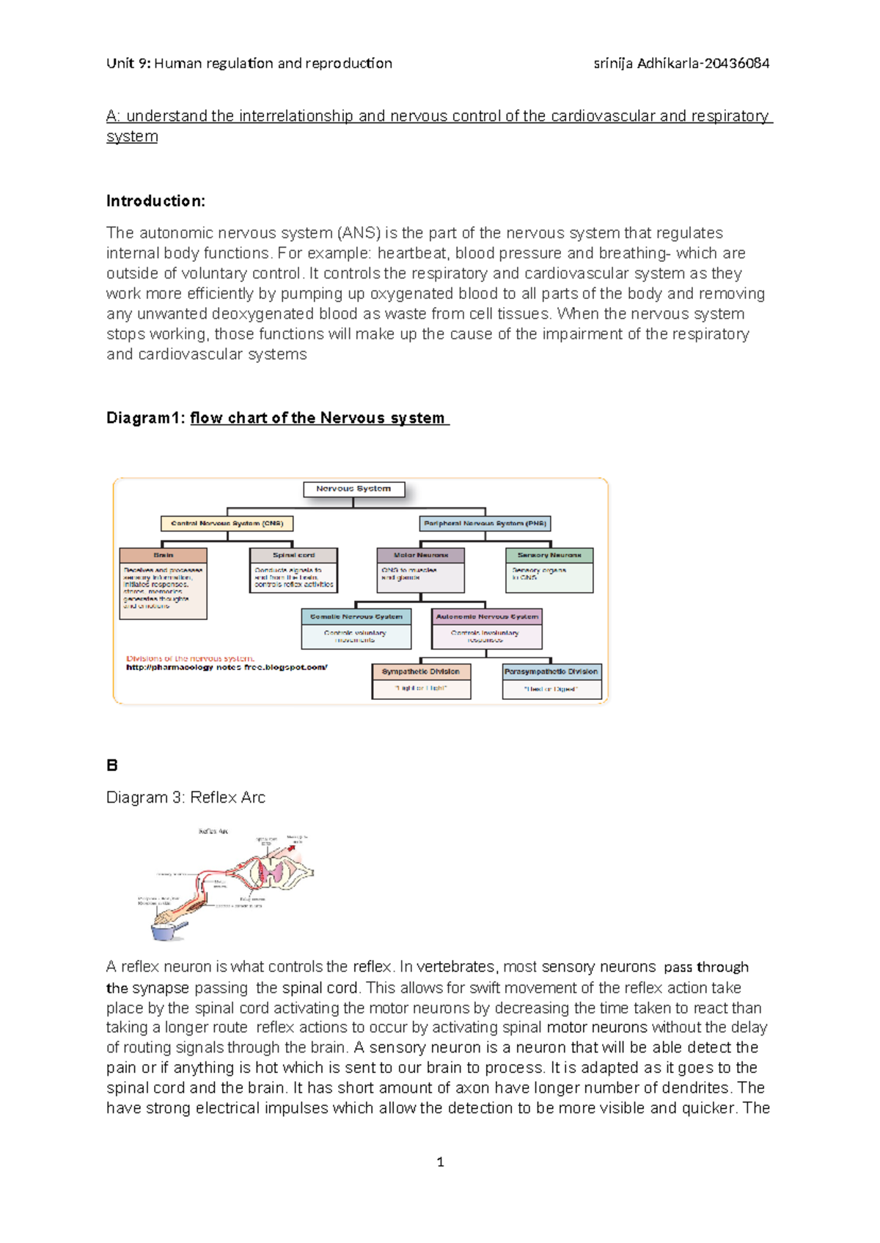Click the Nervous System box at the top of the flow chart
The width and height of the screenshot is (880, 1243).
click(x=353, y=489)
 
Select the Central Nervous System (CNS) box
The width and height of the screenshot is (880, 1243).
click(x=227, y=523)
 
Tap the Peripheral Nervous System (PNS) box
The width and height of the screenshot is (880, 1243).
click(x=485, y=523)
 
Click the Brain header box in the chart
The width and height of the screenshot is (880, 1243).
click(x=163, y=556)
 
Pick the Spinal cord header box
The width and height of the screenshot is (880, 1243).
click(x=293, y=556)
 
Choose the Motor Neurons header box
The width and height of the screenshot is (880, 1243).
click(x=420, y=556)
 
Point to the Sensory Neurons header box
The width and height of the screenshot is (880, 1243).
click(x=549, y=556)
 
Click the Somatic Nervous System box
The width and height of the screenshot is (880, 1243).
click(x=356, y=617)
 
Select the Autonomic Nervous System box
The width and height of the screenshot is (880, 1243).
click(x=487, y=617)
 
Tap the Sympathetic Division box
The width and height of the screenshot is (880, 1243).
click(x=421, y=672)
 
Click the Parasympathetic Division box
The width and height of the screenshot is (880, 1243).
click(x=551, y=672)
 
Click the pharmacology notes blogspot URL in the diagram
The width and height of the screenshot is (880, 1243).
click(x=227, y=668)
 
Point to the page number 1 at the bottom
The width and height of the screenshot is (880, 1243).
click(x=440, y=1162)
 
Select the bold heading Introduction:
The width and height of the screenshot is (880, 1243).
click(x=155, y=201)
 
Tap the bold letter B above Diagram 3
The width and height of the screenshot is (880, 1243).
click(x=112, y=765)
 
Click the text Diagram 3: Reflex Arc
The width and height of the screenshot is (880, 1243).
click(x=186, y=797)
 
